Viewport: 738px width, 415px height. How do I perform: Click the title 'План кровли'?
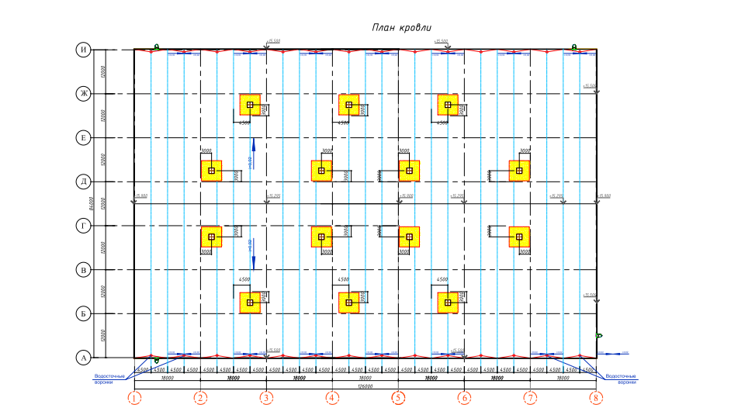[401, 28]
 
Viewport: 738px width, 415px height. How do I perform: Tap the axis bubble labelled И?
[83, 50]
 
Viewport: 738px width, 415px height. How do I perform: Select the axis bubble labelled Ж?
[83, 94]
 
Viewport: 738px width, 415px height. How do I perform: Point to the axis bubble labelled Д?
[83, 182]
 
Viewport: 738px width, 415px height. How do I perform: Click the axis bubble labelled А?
[83, 358]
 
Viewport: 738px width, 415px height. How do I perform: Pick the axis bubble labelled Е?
[83, 138]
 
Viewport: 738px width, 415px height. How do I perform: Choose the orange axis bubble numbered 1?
[135, 399]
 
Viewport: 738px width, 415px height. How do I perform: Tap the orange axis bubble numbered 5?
[398, 399]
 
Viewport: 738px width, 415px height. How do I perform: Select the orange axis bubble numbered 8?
[596, 399]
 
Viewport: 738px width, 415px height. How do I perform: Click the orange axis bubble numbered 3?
[266, 399]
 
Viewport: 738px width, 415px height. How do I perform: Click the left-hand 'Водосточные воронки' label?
[104, 379]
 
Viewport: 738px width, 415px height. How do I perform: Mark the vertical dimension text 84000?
[92, 203]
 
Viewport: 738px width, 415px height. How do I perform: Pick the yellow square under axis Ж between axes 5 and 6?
[448, 105]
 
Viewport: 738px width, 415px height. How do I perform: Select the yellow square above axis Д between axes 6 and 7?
[519, 171]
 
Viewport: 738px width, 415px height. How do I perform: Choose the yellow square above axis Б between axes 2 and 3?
[250, 303]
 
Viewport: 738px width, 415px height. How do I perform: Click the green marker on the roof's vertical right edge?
[598, 336]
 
